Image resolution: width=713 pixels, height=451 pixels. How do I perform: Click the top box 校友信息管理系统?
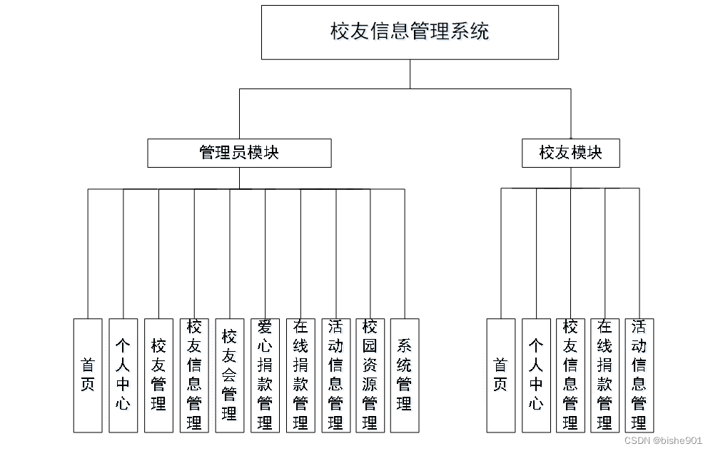click(x=410, y=32)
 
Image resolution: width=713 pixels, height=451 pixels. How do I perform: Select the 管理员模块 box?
click(x=239, y=153)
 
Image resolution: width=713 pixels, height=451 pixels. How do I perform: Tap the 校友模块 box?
click(x=570, y=153)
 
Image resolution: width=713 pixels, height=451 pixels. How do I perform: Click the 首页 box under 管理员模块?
click(x=88, y=375)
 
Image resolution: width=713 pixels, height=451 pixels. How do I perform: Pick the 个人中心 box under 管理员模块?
click(x=123, y=375)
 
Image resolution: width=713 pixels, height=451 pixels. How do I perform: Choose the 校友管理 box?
click(x=158, y=375)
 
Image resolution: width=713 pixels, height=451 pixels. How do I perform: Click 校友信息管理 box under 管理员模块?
click(x=193, y=375)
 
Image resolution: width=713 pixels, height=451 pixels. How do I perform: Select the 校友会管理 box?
click(x=229, y=375)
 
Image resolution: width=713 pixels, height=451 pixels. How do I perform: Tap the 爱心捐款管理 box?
click(x=265, y=375)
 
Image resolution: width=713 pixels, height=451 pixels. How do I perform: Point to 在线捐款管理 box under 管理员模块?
click(x=300, y=375)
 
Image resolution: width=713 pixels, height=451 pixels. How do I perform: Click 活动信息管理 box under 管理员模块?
click(x=335, y=375)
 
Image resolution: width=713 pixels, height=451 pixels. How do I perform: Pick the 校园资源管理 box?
click(x=370, y=375)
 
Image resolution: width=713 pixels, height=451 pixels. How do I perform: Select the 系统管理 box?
click(x=405, y=375)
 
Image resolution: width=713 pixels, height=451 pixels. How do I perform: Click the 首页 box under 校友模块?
click(x=500, y=375)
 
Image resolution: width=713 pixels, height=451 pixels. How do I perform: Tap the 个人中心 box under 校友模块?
click(x=536, y=375)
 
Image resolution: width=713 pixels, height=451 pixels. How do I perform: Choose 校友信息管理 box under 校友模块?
click(x=570, y=375)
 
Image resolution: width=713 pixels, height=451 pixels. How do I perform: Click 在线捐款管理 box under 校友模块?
click(x=605, y=375)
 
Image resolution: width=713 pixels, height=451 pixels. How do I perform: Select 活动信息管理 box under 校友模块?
click(x=639, y=375)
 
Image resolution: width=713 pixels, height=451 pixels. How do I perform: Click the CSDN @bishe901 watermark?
click(x=663, y=440)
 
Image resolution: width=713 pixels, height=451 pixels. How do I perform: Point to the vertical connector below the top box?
click(x=410, y=74)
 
